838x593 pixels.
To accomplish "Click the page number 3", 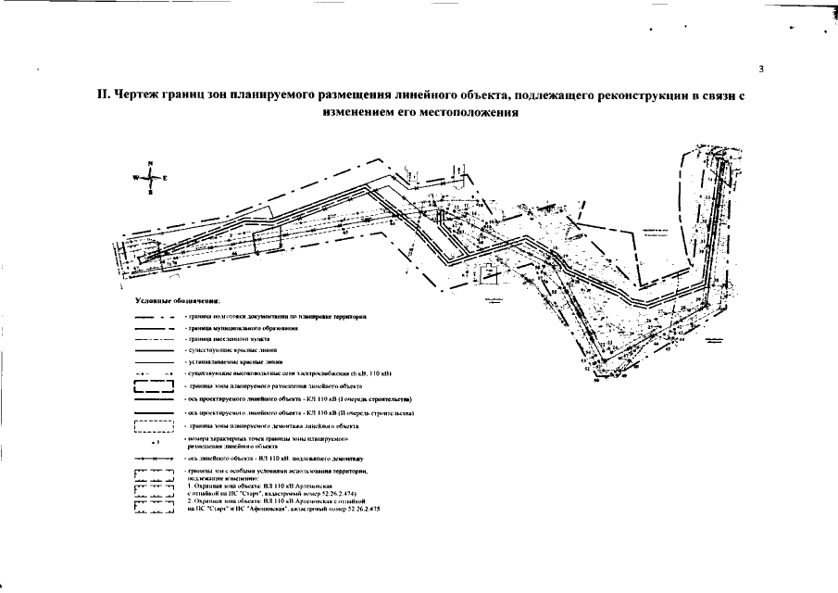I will pyautogui.click(x=760, y=69).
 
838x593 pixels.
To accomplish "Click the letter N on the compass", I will pyautogui.click(x=150, y=164).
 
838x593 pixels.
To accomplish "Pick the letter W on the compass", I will pyautogui.click(x=135, y=176).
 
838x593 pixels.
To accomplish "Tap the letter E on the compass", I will pyautogui.click(x=165, y=176).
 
